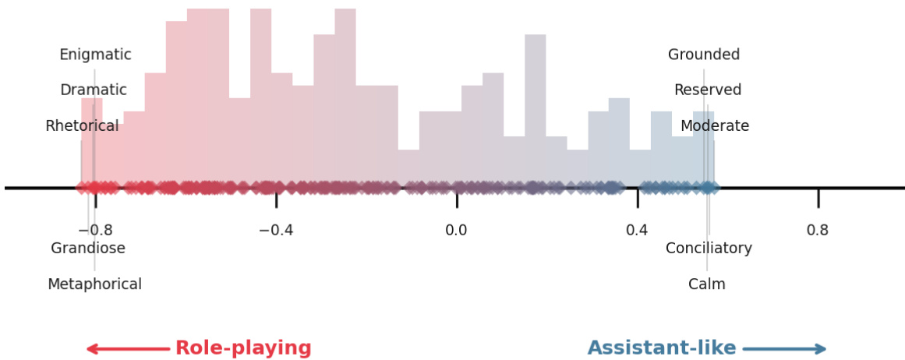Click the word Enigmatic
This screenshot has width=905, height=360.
pyautogui.click(x=95, y=55)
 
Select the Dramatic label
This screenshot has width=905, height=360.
pyautogui.click(x=94, y=90)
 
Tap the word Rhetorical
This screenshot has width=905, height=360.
pyautogui.click(x=82, y=126)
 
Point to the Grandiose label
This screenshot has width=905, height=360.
pyautogui.click(x=88, y=249)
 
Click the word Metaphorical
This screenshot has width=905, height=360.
pyautogui.click(x=94, y=284)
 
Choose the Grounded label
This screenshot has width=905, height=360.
pyautogui.click(x=704, y=55)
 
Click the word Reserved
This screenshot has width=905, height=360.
pyautogui.click(x=708, y=90)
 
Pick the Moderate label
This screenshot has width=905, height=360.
pyautogui.click(x=715, y=126)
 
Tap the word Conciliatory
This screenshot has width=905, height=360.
pyautogui.click(x=709, y=249)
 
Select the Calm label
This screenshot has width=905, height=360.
pyautogui.click(x=707, y=284)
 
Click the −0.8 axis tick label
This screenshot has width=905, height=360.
pyautogui.click(x=95, y=231)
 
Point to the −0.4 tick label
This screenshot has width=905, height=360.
pyautogui.click(x=276, y=231)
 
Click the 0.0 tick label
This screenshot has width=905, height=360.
pyautogui.click(x=457, y=231)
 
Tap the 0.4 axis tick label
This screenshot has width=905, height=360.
pyautogui.click(x=637, y=231)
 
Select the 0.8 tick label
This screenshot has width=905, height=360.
pyautogui.click(x=818, y=231)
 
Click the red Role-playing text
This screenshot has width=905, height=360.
pyautogui.click(x=243, y=348)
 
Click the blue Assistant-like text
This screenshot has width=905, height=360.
pyautogui.click(x=662, y=348)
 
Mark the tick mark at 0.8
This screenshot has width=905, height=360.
pyautogui.click(x=818, y=198)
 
